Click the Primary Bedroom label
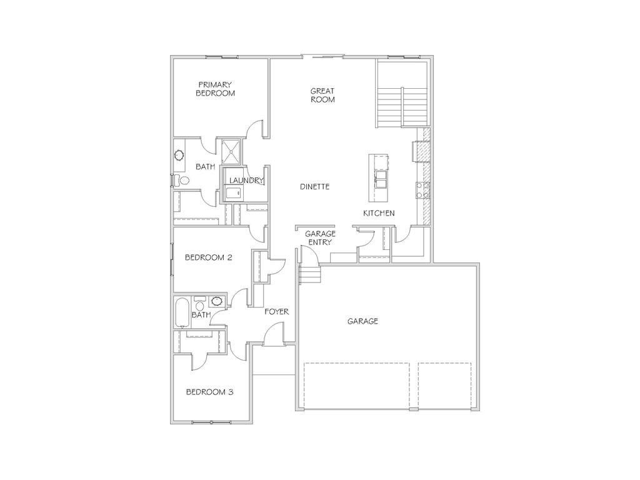pyautogui.click(x=216, y=89)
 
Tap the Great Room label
pyautogui.click(x=322, y=95)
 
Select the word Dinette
pyautogui.click(x=314, y=187)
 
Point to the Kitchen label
pyautogui.click(x=379, y=213)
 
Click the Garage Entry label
pyautogui.click(x=320, y=238)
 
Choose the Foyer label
pyautogui.click(x=276, y=311)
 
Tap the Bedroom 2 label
pyautogui.click(x=209, y=257)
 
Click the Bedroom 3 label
pyautogui.click(x=210, y=392)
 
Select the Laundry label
pyautogui.click(x=246, y=181)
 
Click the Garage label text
pyautogui.click(x=363, y=321)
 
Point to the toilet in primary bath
pyautogui.click(x=182, y=181)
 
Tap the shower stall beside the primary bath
pyautogui.click(x=232, y=152)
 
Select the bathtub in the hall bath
pyautogui.click(x=182, y=312)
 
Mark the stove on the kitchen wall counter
pyautogui.click(x=423, y=189)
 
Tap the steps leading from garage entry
pyautogui.click(x=309, y=275)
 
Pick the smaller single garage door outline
pyautogui.click(x=444, y=386)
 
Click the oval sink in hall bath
pyautogui.click(x=217, y=301)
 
